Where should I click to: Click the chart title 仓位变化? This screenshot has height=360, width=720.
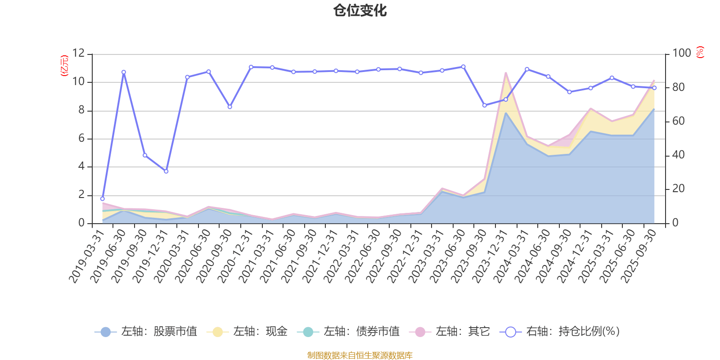tap(360, 10)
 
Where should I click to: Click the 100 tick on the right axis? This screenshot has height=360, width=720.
tap(681, 54)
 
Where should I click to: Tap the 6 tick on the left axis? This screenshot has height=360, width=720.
tap(81, 139)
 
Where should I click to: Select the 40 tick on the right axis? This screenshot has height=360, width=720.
tap(678, 155)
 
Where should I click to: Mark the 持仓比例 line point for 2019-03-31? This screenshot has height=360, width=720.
tap(102, 198)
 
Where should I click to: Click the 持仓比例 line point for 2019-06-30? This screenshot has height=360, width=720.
tap(124, 72)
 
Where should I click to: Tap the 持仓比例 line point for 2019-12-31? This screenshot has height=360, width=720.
tap(166, 171)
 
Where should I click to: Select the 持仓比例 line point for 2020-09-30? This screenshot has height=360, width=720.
tap(229, 107)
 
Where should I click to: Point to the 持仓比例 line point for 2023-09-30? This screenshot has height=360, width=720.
tap(485, 105)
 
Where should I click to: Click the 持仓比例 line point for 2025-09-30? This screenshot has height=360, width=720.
tap(654, 88)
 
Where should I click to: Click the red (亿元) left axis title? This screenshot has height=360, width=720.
tap(64, 66)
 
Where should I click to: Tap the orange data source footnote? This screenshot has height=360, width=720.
tap(360, 355)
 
